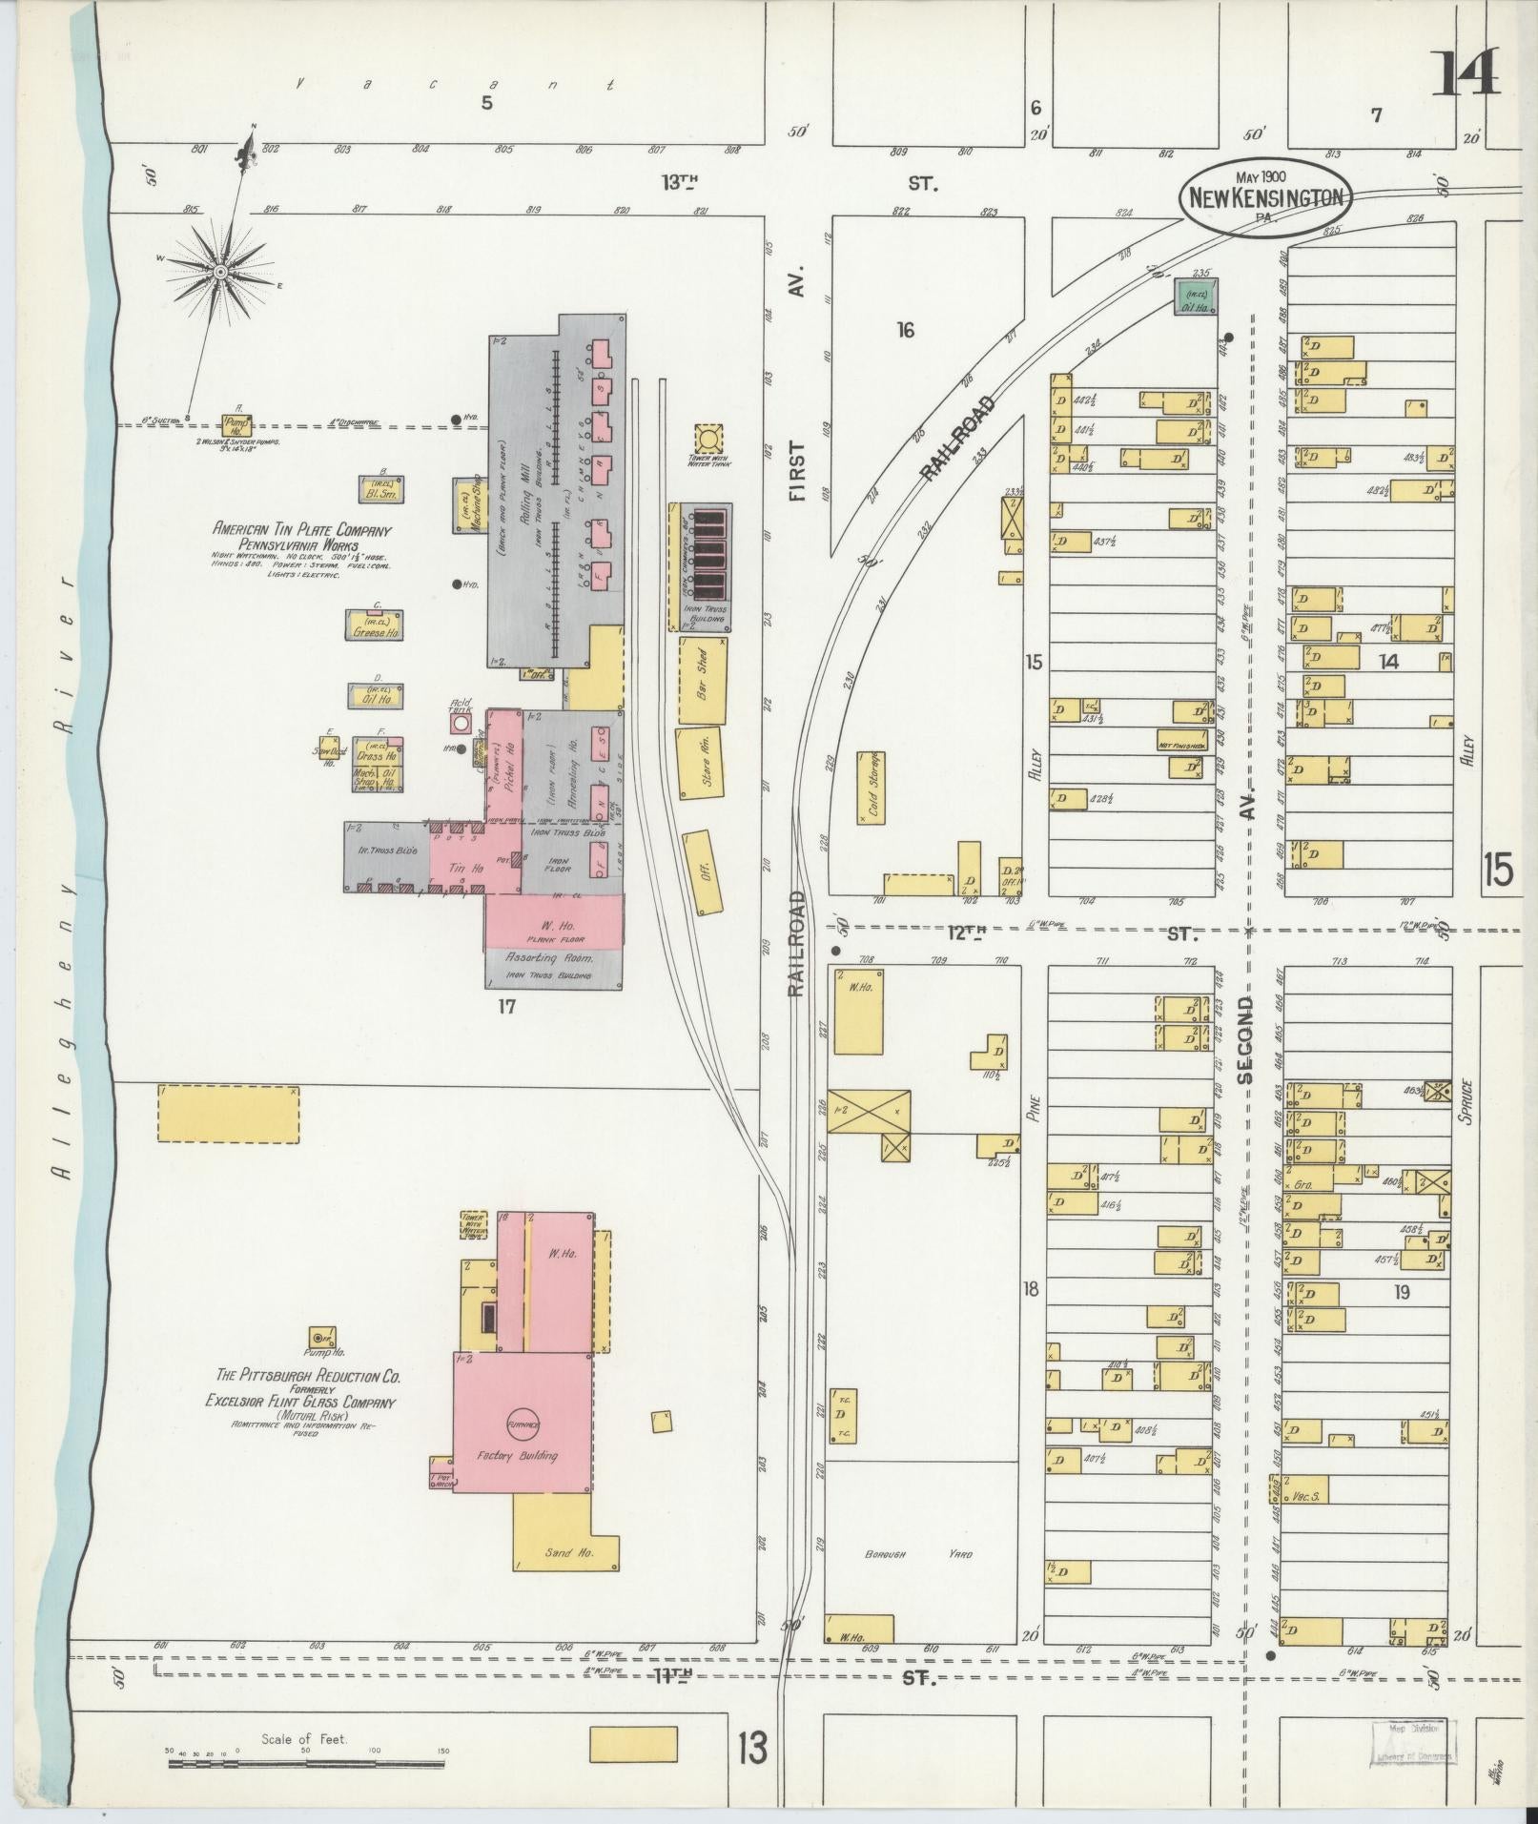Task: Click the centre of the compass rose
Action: tap(220, 273)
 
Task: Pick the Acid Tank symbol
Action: tap(461, 724)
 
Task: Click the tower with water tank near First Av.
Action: tap(708, 441)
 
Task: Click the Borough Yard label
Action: tap(918, 1554)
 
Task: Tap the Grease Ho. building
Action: tap(374, 626)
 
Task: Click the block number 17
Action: tap(505, 1005)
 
